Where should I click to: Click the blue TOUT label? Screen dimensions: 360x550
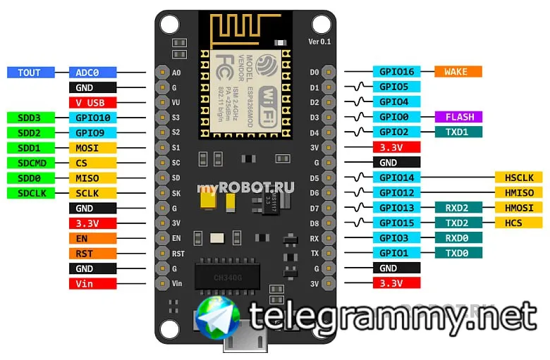coord(29,73)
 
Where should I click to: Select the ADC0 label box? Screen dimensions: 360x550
coord(92,73)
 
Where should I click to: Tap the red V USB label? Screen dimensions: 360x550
coord(92,103)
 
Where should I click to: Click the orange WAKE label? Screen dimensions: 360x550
coord(458,72)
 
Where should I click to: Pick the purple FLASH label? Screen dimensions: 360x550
coord(458,117)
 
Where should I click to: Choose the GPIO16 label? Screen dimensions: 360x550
coord(396,72)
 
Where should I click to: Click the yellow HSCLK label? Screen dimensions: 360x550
coord(518,177)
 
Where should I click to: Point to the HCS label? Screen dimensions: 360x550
coord(518,223)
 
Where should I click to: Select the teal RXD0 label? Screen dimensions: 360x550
coord(458,238)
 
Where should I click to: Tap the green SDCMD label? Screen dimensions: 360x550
coord(29,163)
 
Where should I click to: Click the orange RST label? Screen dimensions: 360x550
coord(92,253)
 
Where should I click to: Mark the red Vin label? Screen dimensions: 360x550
coord(92,283)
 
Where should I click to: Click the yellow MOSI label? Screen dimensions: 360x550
coord(92,148)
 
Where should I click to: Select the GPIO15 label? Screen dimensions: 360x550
coord(396,223)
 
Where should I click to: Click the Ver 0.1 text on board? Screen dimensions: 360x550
coord(319,42)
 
